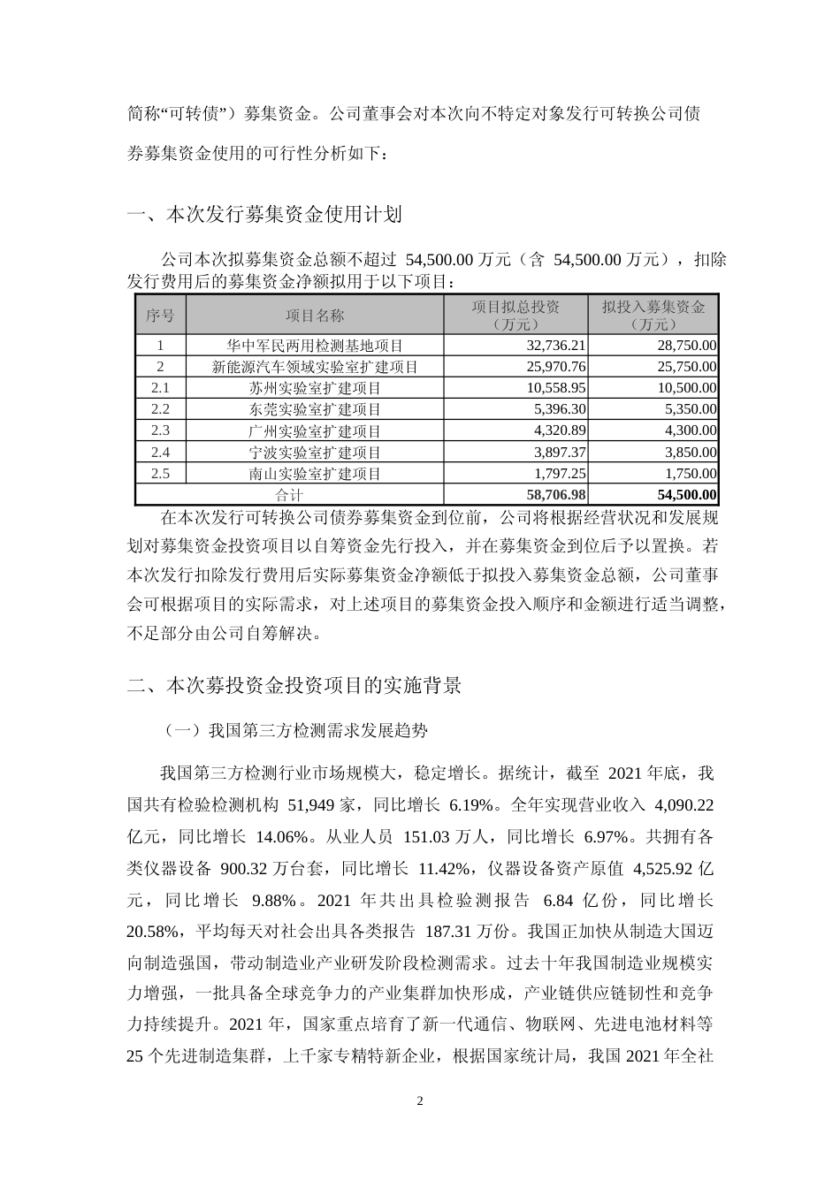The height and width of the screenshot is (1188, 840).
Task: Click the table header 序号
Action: [x=160, y=316]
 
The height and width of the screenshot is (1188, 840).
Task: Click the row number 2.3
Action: [x=160, y=430]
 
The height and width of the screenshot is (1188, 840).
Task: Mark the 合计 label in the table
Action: [x=289, y=495]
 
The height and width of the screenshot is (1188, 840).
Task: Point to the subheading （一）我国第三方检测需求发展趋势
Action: [x=295, y=731]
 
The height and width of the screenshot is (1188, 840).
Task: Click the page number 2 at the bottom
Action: [x=420, y=1101]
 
